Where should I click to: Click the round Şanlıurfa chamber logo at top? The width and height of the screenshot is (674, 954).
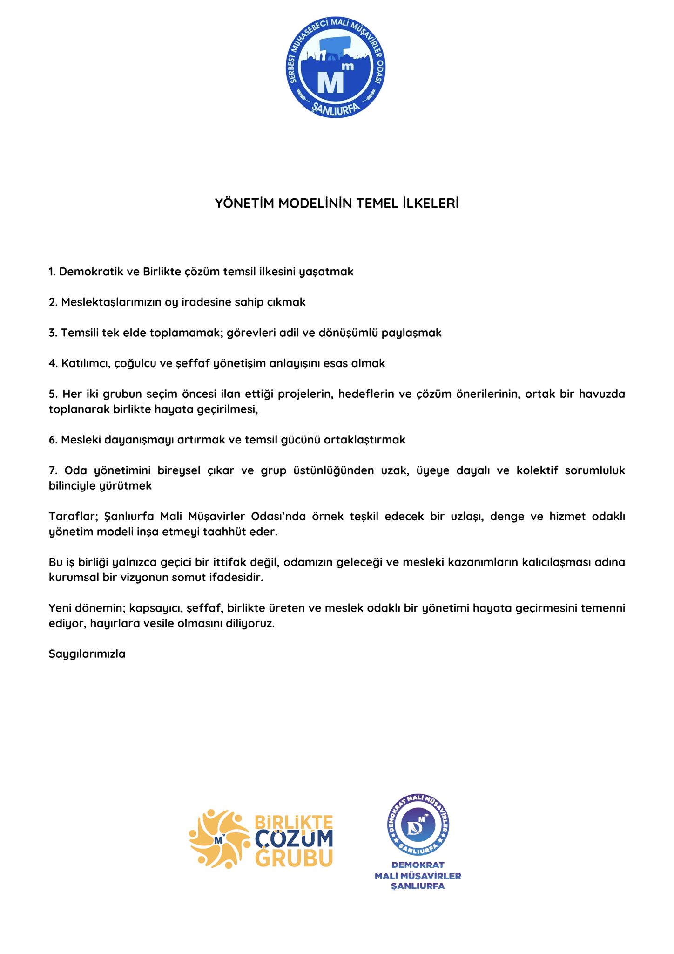point(336,68)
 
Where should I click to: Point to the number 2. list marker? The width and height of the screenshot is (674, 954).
point(53,302)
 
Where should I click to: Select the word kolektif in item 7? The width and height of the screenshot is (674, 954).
point(537,470)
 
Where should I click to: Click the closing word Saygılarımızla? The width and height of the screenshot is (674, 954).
point(87,654)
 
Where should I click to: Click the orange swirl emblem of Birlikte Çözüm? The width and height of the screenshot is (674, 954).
point(219,839)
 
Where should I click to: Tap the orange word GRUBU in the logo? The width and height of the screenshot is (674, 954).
point(294,859)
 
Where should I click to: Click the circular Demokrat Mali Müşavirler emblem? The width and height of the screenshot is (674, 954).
point(418,825)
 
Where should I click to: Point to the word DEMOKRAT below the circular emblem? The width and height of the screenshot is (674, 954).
point(418,865)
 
